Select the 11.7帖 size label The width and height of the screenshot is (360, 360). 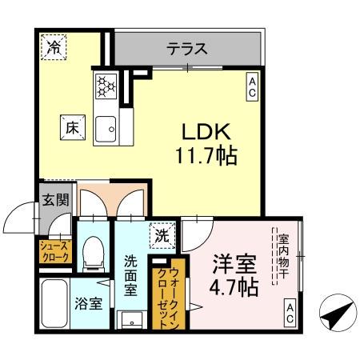(x=205, y=155)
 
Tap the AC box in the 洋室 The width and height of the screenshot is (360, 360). (x=290, y=313)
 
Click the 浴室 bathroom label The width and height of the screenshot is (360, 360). (x=88, y=303)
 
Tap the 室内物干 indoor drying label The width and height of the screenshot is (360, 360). (x=283, y=254)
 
